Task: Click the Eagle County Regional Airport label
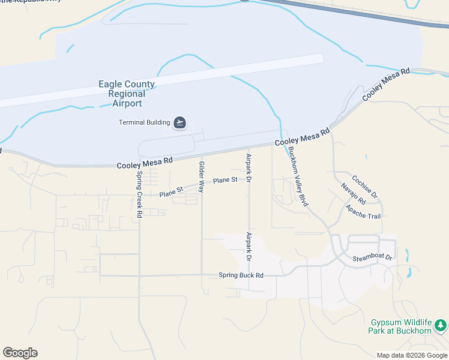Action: [127, 94]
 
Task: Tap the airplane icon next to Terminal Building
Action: [179, 123]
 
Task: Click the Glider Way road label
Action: [202, 176]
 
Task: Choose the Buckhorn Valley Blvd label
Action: [298, 177]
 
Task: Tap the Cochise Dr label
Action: [364, 187]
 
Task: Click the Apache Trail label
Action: [363, 212]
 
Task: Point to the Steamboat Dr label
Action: [372, 258]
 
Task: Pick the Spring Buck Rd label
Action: [241, 276]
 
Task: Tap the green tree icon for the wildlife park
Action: [441, 325]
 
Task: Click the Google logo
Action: [20, 353]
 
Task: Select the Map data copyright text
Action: [412, 355]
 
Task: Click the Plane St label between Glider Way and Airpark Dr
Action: [225, 180]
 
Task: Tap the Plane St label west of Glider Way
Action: [171, 193]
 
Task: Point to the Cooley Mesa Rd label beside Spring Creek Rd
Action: [145, 161]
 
